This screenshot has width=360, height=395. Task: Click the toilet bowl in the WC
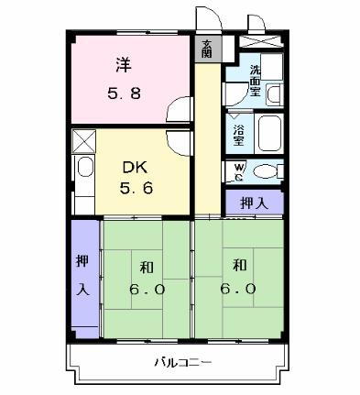[x=266, y=171]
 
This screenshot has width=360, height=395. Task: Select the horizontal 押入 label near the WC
[x=255, y=203]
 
